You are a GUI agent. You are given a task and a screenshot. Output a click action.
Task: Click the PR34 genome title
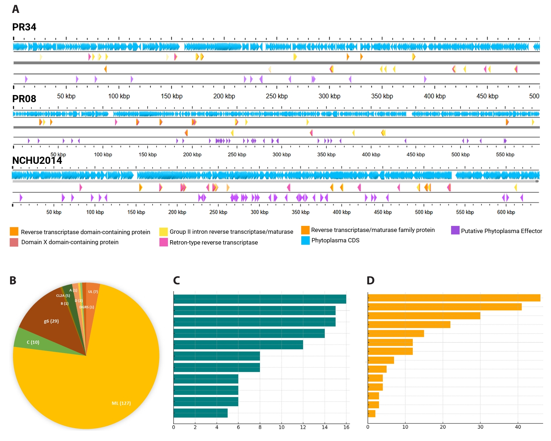pos(24,27)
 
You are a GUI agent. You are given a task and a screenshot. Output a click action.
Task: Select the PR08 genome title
pos(24,99)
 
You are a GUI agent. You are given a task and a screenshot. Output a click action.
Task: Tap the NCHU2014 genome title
pos(37,160)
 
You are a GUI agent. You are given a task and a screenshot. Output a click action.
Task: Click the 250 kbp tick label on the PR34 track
pos(277,96)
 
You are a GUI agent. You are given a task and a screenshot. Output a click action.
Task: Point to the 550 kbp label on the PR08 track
pos(505,155)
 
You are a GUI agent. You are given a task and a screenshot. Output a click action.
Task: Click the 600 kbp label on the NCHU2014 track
pos(506,212)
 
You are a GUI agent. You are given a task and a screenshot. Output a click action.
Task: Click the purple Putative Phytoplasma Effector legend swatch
pos(455,230)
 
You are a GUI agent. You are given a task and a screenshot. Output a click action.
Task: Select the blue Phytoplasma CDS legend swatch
pos(305,240)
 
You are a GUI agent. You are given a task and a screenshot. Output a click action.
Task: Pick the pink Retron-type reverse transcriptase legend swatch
pos(164,242)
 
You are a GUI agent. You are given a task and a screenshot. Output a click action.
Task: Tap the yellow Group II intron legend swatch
pos(164,232)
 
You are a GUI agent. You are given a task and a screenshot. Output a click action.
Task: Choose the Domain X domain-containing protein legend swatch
pos(14,242)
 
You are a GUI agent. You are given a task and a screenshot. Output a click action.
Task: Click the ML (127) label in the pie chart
pos(121,403)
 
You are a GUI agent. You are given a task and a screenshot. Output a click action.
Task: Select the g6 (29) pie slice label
pos(51,321)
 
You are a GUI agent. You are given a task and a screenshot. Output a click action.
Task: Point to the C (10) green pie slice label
pos(33,342)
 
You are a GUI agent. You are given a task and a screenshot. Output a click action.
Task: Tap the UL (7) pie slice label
pos(93,292)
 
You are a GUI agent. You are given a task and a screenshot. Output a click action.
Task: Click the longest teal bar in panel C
pos(260,299)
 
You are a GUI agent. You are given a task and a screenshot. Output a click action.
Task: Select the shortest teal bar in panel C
pos(201,413)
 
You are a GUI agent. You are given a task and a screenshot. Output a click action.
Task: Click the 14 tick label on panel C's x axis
pos(325,427)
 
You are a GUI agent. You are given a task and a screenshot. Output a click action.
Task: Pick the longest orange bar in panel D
pos(454,298)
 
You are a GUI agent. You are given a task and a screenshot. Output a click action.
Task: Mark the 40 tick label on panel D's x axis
pos(518,427)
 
